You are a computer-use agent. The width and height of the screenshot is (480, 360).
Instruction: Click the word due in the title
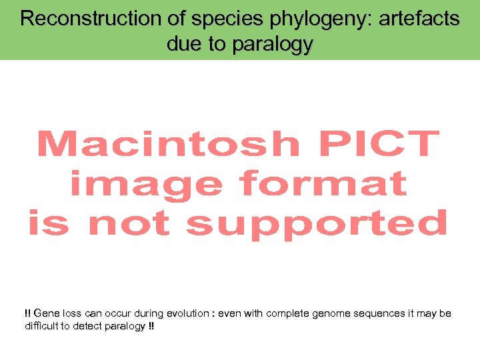pos(184,44)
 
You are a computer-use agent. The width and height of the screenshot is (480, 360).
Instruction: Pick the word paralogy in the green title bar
pos(273,45)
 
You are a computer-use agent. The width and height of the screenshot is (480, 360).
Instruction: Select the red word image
pos(146,184)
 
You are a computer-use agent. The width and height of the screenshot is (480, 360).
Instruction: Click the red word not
pos(130,223)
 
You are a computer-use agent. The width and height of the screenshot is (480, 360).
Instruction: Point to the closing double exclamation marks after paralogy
pos(152,326)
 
